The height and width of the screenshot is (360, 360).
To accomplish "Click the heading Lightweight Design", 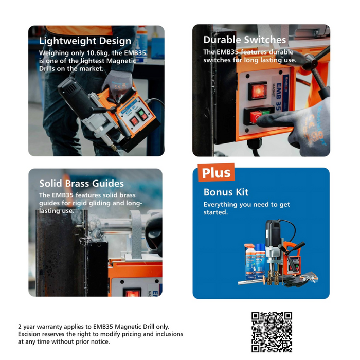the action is click(85, 41).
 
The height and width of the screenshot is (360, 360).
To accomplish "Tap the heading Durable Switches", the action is click(244, 40).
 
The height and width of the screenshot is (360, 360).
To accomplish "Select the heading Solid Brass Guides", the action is click(81, 183).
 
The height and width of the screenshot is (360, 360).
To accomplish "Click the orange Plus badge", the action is click(216, 172).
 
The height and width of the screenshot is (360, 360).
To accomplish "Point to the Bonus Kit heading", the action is click(226, 192).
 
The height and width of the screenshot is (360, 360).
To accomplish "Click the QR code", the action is click(272, 332).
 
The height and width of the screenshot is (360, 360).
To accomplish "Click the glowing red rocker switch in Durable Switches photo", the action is click(258, 91).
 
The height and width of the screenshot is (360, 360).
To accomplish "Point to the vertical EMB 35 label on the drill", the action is click(278, 97).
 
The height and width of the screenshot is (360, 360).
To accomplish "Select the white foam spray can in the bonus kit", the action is click(250, 262).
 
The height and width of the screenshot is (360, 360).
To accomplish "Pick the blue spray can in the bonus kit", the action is click(261, 261).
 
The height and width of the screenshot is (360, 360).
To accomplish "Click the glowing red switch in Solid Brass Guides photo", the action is click(132, 292).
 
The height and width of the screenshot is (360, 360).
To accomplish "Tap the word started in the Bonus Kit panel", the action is click(215, 212).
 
